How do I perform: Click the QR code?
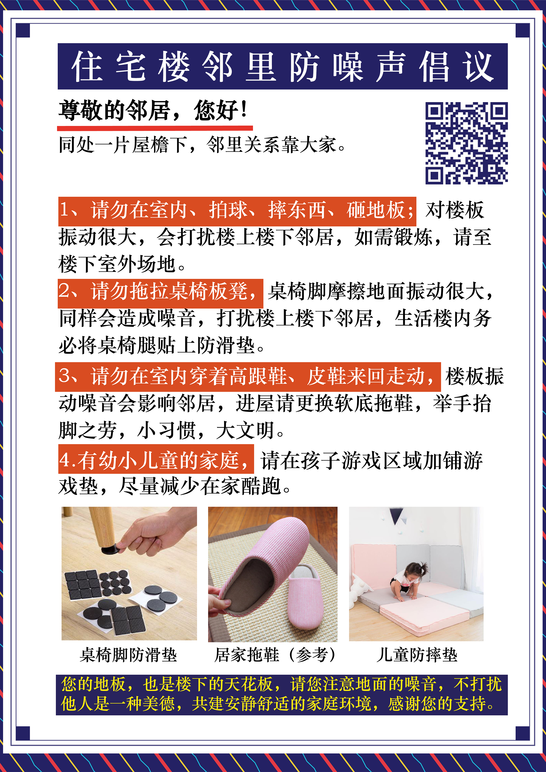tap(466, 143)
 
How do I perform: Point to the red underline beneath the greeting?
tap(155, 128)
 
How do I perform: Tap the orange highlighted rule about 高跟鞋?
tap(248, 377)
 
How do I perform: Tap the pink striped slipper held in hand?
tap(262, 568)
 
